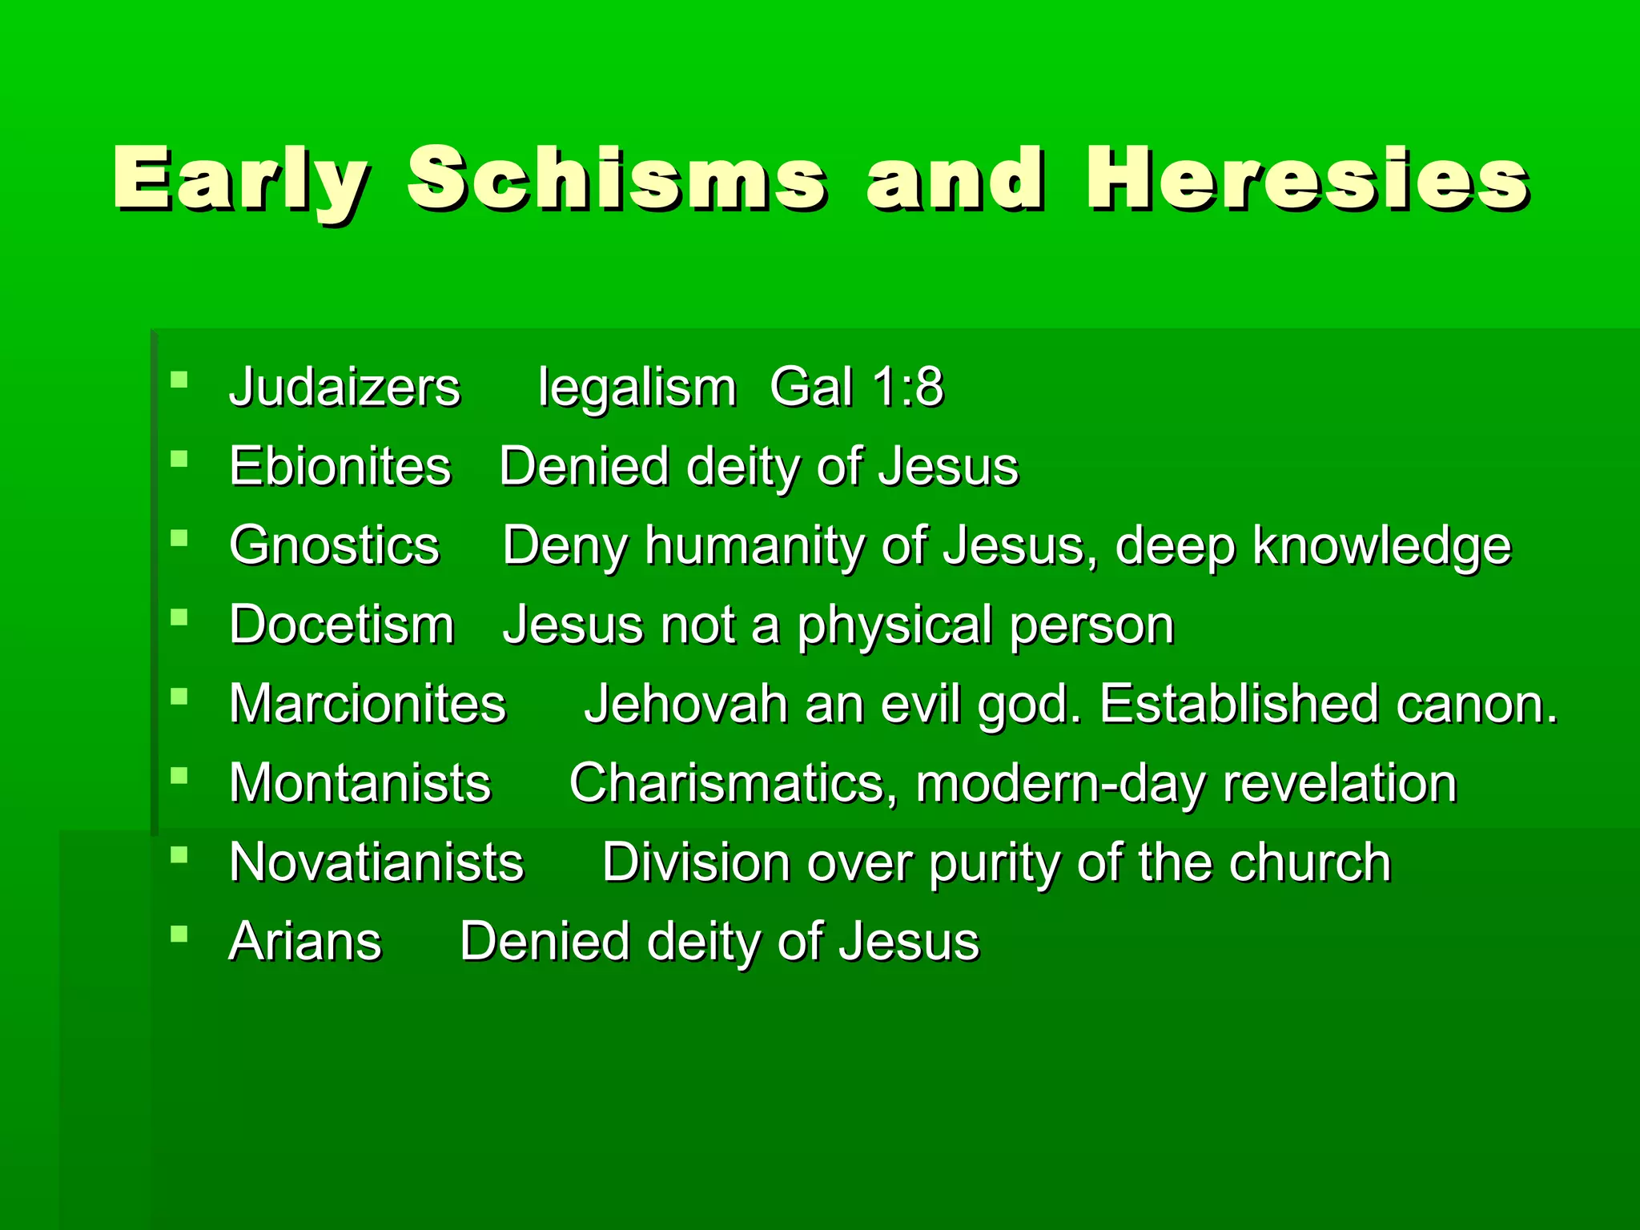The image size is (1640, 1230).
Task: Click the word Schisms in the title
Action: coord(617,179)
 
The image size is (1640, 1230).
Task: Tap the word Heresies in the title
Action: coord(1308,179)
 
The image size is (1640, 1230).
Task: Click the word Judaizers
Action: coord(344,388)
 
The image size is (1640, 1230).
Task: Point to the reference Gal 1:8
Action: coord(856,388)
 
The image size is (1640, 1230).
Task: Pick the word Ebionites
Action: coord(340,466)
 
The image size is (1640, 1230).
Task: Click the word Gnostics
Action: coord(334,545)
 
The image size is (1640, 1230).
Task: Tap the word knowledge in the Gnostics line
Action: coord(1381,545)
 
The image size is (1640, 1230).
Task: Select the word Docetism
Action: coord(341,625)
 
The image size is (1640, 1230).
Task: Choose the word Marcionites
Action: coord(368,704)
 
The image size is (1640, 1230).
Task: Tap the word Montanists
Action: coord(360,783)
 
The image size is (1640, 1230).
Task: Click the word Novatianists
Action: coord(376,862)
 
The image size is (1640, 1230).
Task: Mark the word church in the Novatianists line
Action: coord(1310,862)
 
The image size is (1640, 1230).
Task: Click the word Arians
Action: coord(305,941)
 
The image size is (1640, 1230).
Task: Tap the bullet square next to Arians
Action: coord(179,933)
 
